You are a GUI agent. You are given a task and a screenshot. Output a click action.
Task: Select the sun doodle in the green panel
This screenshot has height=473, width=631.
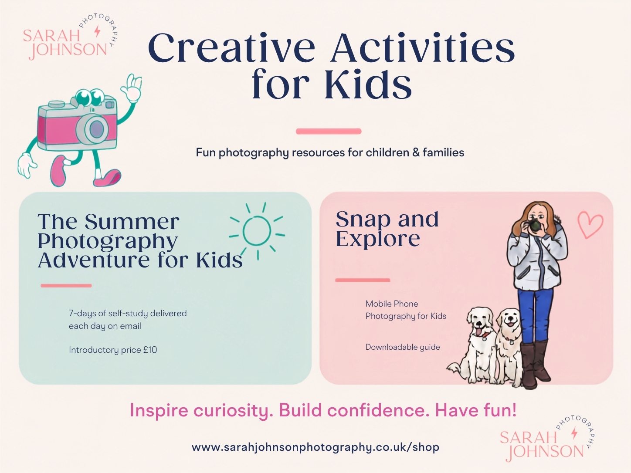coord(257,231)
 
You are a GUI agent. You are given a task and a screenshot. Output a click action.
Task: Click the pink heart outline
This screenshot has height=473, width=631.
coord(590,225)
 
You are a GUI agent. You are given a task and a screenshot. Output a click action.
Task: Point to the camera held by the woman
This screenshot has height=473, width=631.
coord(535,225)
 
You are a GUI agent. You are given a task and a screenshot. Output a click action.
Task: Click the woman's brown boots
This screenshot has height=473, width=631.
coord(535,364)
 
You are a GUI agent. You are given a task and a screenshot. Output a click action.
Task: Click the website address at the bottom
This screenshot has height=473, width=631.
coord(315,447)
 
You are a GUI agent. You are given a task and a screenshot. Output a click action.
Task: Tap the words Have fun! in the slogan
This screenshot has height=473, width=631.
coord(476,410)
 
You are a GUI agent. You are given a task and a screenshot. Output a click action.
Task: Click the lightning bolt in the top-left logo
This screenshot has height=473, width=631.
coord(98,31)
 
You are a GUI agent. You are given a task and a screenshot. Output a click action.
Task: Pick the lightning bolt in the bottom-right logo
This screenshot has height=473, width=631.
coord(574,433)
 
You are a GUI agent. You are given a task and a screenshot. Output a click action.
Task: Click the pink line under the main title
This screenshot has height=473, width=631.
coord(329,131)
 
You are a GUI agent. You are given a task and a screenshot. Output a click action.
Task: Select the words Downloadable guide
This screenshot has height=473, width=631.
coord(403,347)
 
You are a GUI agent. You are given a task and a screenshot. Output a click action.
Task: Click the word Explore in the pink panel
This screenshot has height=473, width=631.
coord(378,239)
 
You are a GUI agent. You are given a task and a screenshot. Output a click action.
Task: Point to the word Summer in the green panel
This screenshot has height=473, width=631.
coord(132,222)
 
